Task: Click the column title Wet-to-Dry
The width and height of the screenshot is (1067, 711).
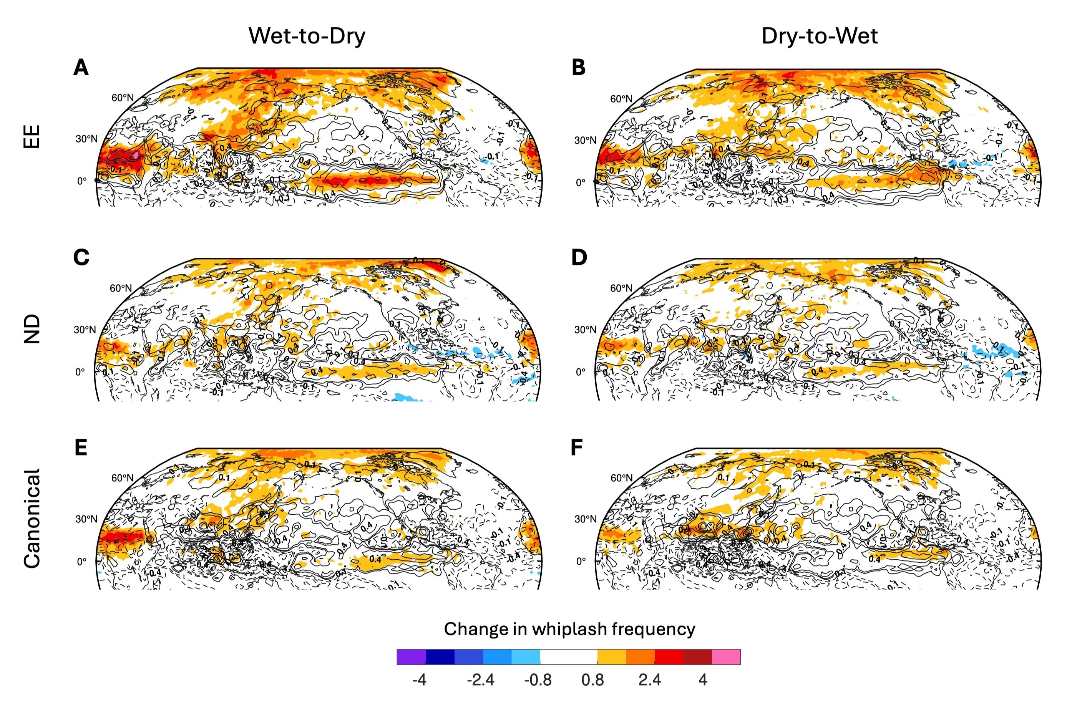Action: coord(307,36)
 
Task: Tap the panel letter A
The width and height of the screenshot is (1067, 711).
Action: coord(81,68)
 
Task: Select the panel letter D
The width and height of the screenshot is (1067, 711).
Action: coord(579,258)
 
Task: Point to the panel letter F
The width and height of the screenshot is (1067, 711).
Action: coord(576,447)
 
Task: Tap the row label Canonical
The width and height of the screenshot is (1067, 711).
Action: coord(32,518)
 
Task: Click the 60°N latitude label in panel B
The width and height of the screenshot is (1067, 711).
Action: coord(621,99)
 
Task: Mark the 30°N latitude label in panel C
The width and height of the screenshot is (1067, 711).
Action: coord(85,330)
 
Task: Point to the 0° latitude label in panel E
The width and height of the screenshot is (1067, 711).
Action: coord(81,562)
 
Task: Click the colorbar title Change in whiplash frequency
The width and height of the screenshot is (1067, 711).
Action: coord(569,629)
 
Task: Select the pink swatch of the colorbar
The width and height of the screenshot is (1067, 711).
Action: coord(725,656)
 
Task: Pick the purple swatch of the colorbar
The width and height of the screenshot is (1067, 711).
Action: coord(411,656)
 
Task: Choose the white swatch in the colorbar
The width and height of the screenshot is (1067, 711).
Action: coord(568,656)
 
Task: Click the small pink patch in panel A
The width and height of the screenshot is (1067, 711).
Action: coord(136,155)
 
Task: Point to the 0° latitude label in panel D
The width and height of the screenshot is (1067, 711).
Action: coord(581,372)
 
